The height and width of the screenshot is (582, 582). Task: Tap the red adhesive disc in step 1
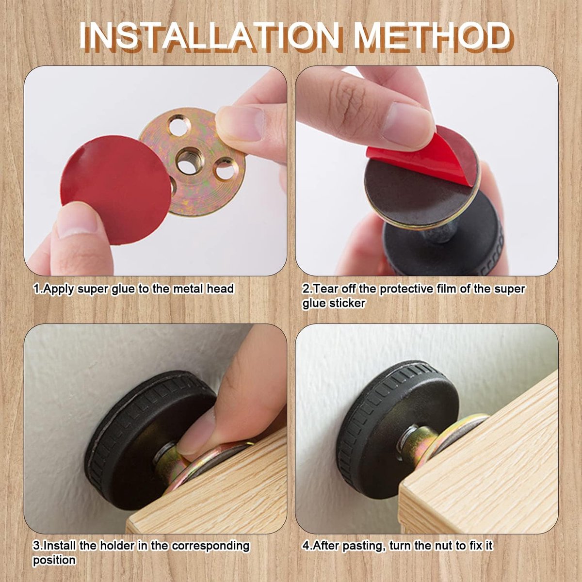116,190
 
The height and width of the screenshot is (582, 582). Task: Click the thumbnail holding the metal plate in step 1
242,123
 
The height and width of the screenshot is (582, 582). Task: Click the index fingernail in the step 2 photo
408,123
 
